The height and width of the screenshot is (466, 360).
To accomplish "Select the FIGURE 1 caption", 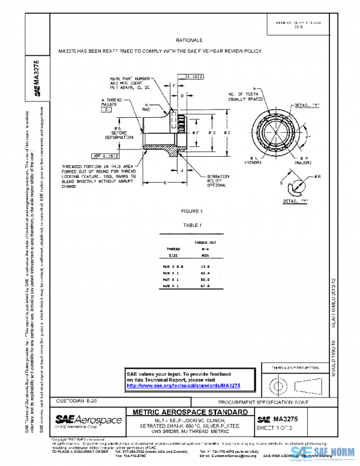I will (x=193, y=211).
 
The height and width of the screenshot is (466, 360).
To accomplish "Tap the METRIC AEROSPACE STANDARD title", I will (x=187, y=412).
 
